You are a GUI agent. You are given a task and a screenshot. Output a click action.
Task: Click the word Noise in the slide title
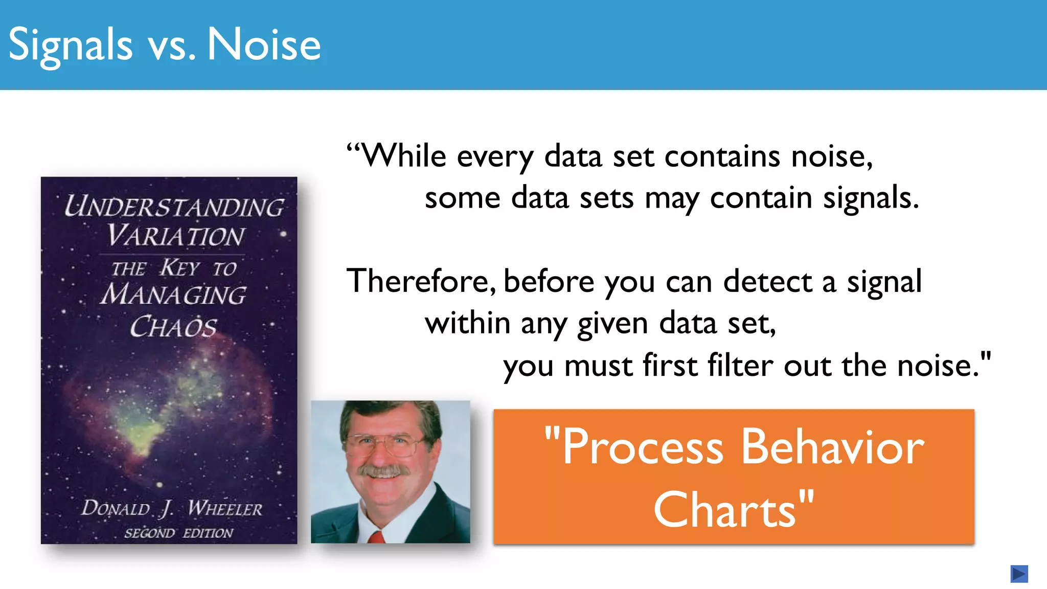click(264, 45)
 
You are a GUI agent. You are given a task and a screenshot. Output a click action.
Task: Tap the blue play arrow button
click(1019, 574)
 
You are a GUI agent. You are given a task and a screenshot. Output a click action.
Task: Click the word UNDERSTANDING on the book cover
click(174, 207)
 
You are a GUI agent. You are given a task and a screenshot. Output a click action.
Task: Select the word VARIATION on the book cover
click(175, 236)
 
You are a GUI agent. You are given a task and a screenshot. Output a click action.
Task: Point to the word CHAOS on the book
click(173, 327)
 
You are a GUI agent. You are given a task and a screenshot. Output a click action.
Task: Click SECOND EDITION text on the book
click(178, 533)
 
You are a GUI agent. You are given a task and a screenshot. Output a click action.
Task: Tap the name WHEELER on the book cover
click(225, 508)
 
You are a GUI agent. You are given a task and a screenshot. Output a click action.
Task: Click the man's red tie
click(376, 537)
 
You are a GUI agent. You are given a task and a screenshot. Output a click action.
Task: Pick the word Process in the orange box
click(643, 447)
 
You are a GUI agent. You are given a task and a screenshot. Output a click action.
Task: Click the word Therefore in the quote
click(420, 281)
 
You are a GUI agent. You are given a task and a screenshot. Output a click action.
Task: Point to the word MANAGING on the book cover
click(173, 295)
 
